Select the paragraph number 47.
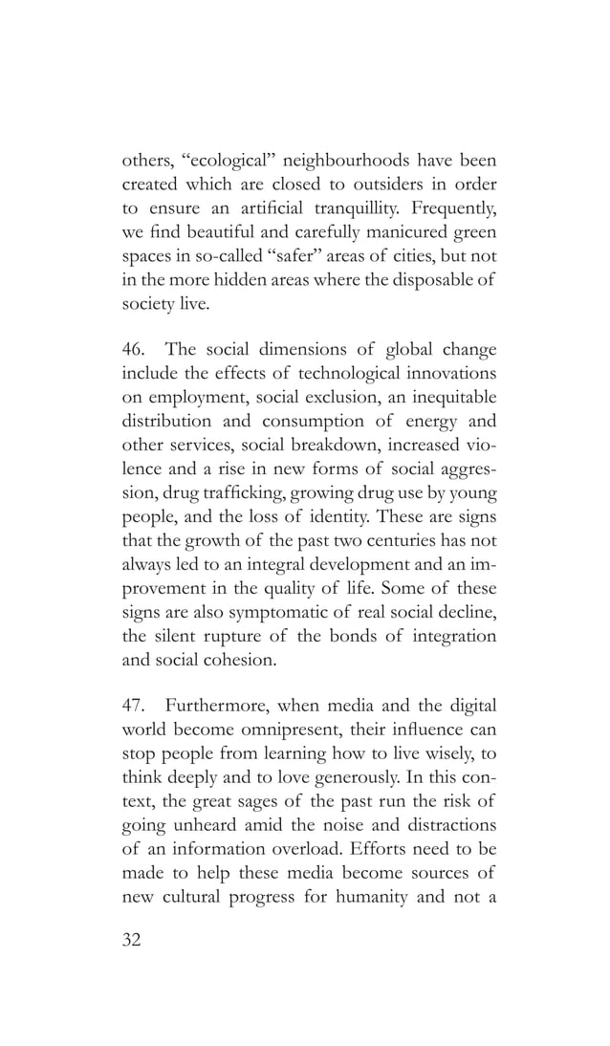tap(133, 706)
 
